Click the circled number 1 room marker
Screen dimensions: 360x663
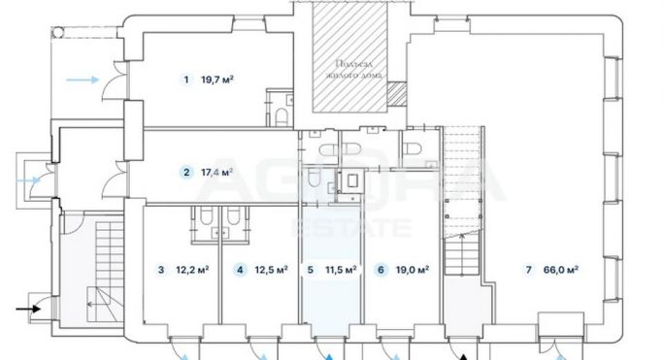coord(184,80)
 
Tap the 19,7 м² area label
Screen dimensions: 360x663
coord(218,80)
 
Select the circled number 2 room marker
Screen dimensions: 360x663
coord(184,173)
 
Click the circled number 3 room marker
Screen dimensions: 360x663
coord(161,270)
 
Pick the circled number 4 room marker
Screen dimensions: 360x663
coord(239,270)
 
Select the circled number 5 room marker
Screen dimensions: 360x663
coord(310,270)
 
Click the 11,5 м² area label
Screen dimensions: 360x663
coord(341,270)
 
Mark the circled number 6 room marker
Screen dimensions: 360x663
coord(381,270)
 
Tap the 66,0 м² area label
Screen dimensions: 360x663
coord(561,270)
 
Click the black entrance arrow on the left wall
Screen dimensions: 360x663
coord(26,310)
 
